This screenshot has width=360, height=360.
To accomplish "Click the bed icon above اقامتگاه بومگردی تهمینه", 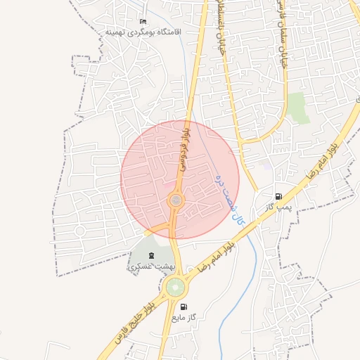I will [144, 22].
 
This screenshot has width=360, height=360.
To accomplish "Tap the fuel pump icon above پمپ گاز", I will [279, 197].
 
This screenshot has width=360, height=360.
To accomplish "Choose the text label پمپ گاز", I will [278, 208].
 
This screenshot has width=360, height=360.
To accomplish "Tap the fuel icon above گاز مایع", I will [184, 307].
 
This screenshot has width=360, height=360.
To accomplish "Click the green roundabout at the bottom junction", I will [175, 287].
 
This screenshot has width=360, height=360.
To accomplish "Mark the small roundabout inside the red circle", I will [175, 202].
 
